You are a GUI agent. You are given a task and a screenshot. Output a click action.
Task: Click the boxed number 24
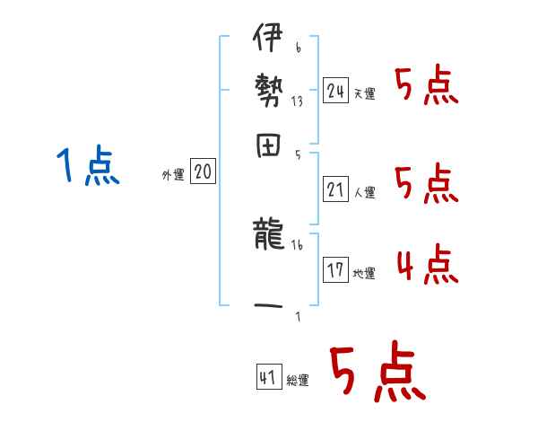click(x=336, y=90)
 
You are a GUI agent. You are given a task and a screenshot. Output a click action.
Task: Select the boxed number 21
click(x=336, y=189)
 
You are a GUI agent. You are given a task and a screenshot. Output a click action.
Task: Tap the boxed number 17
click(x=336, y=270)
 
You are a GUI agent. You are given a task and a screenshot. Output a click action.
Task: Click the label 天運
click(x=364, y=93)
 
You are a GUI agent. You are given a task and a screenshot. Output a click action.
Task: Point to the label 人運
click(x=364, y=192)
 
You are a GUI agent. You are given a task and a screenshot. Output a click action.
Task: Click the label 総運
click(x=298, y=381)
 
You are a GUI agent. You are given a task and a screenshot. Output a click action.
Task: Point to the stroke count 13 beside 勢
click(x=297, y=101)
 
